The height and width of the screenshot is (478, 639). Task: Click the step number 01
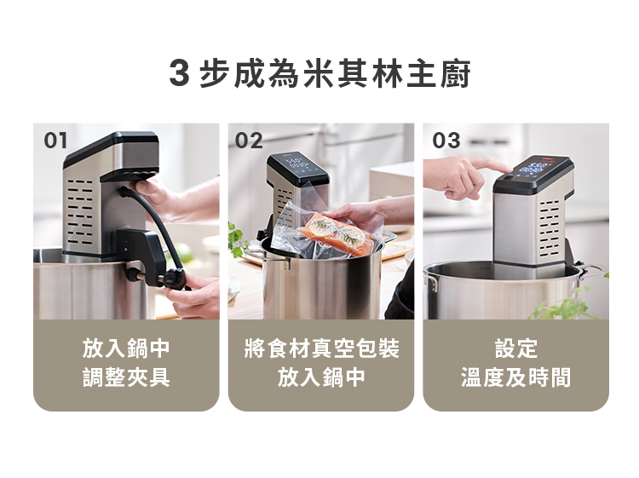click(x=55, y=141)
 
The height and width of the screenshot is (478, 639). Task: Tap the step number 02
click(x=249, y=141)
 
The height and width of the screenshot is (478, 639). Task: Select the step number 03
click(x=446, y=141)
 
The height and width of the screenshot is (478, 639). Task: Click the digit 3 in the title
click(x=179, y=73)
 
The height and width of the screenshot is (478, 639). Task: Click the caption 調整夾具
click(x=126, y=377)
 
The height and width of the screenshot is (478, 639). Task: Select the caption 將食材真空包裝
click(x=321, y=348)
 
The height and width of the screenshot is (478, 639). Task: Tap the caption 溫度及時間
click(x=516, y=377)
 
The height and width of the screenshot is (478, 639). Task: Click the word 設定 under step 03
click(x=516, y=348)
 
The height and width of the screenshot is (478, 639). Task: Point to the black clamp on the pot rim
click(x=142, y=255)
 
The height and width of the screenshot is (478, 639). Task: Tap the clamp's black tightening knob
click(x=176, y=279)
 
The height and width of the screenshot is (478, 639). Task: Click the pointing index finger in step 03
click(x=494, y=166)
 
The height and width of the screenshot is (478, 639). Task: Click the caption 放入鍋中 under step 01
click(x=126, y=348)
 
